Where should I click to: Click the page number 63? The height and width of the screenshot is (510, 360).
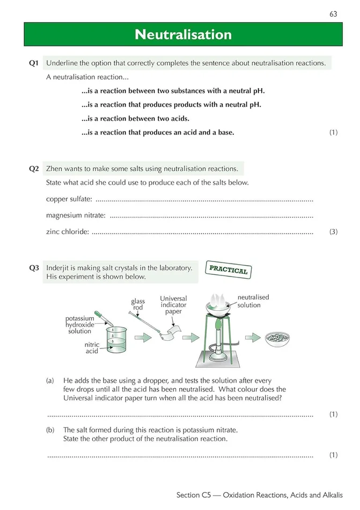click(x=333, y=14)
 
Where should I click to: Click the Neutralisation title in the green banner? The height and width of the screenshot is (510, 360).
click(x=183, y=35)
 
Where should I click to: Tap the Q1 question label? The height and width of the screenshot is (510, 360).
click(x=34, y=63)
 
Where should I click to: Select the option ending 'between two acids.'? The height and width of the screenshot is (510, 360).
click(x=135, y=119)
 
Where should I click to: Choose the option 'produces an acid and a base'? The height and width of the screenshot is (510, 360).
click(x=158, y=132)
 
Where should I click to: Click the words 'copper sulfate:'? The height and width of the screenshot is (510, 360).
click(x=69, y=200)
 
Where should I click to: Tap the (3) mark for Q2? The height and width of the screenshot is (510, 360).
click(x=333, y=232)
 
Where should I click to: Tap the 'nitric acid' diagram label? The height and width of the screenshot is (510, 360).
click(x=92, y=348)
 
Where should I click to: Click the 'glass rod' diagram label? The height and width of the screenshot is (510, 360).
click(x=138, y=304)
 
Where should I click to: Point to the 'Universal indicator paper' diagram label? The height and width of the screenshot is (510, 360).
click(x=173, y=305)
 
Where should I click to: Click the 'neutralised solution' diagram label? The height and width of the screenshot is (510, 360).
click(x=253, y=301)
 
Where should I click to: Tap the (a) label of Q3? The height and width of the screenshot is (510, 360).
click(x=50, y=381)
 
